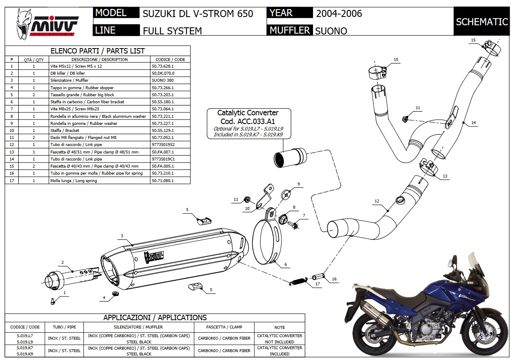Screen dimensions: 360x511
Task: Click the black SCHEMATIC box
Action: tap(482, 22)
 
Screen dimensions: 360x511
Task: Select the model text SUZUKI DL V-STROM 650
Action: tap(198, 13)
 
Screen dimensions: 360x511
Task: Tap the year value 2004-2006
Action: tap(339, 13)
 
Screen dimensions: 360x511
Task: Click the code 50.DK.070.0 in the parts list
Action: tap(161, 73)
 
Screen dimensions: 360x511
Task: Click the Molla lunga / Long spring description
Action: tap(73, 180)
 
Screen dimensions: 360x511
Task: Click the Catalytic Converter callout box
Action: tap(248, 123)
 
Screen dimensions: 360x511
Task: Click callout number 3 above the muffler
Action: tap(122, 236)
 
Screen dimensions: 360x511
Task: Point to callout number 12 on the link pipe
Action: tap(377, 201)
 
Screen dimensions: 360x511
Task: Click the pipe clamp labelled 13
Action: tap(428, 168)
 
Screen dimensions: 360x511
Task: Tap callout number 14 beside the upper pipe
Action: tap(474, 123)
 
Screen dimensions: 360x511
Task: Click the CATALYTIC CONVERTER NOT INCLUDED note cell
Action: tap(279, 338)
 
